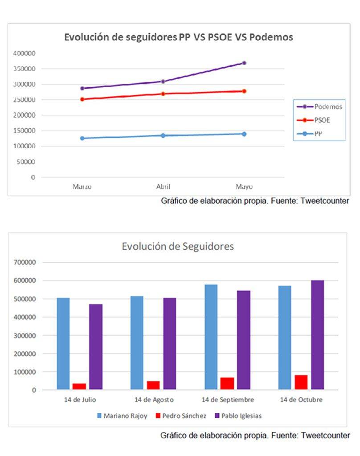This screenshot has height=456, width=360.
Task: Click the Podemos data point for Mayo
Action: pos(244,63)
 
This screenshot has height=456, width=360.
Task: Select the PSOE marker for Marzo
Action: pos(82,99)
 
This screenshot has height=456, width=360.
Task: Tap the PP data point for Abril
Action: pos(163,135)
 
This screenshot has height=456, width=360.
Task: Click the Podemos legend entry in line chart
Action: pos(319,107)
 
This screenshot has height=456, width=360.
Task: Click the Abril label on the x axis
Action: pos(163,187)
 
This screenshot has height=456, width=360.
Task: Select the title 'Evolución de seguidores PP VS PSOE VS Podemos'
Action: pos(179,37)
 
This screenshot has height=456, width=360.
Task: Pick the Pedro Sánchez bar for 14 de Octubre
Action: pos(301,382)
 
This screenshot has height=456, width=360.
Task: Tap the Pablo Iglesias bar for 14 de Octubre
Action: pos(317,335)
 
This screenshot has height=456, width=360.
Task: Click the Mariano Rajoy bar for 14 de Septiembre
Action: pos(211,337)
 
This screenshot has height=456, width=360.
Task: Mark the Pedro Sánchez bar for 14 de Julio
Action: pos(79,387)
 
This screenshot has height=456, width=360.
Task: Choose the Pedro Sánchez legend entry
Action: pos(180,416)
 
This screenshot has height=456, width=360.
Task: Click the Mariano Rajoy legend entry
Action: pos(122,416)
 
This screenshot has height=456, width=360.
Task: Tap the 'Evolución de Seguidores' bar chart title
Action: pos(178,246)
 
